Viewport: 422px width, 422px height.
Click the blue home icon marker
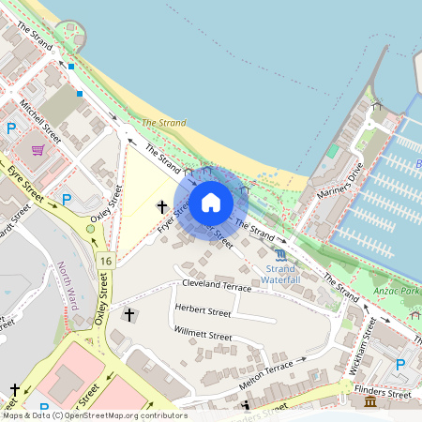tap(211, 203)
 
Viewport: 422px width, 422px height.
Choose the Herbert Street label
tap(202, 311)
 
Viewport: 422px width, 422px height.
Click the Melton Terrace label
tap(265, 372)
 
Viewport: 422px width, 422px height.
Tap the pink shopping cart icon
tap(38, 149)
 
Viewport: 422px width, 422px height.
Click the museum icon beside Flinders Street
tap(370, 401)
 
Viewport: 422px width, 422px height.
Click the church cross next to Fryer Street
tap(161, 205)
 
